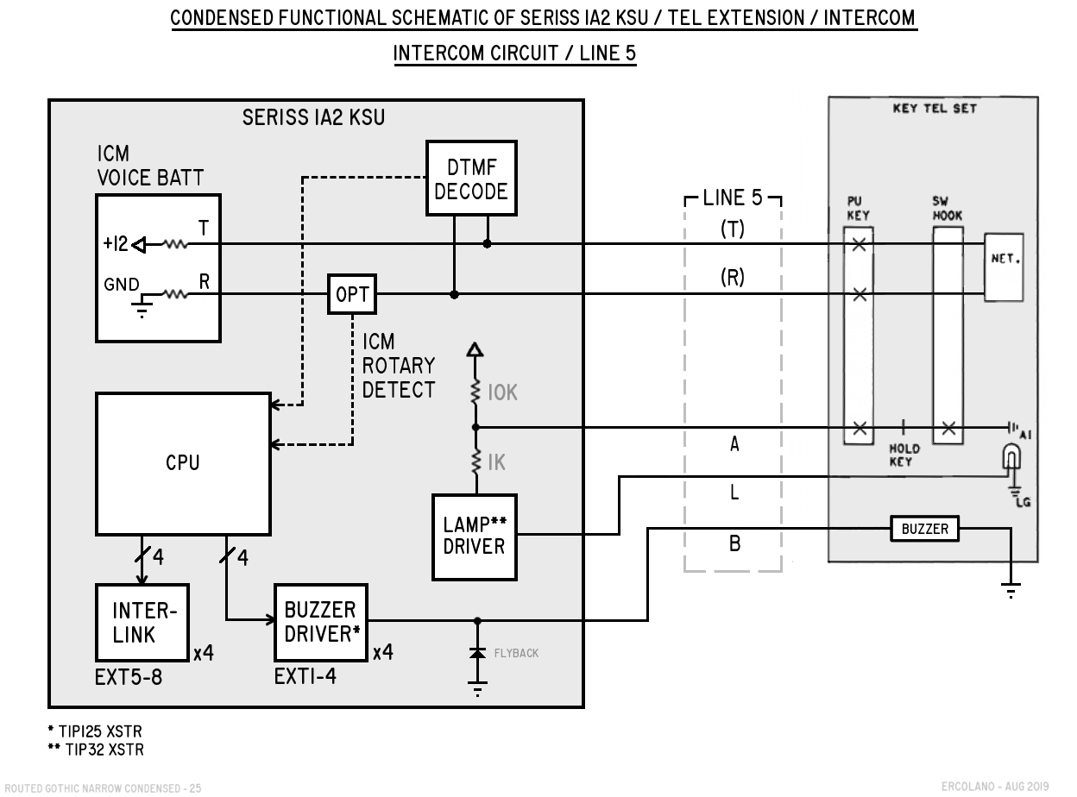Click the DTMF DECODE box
click(471, 179)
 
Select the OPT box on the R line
click(352, 294)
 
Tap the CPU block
click(183, 463)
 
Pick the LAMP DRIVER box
click(475, 537)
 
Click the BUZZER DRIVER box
click(321, 622)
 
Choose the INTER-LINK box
click(142, 622)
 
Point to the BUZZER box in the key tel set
click(924, 529)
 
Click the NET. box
click(1004, 267)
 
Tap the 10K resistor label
click(502, 392)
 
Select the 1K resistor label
click(497, 462)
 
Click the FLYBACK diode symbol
click(477, 653)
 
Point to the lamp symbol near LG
click(1012, 457)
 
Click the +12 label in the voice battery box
click(115, 243)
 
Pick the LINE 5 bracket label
click(733, 198)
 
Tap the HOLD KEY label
click(904, 455)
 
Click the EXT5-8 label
click(129, 677)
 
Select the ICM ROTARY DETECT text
click(399, 366)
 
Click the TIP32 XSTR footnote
click(96, 750)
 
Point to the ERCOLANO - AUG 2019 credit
click(995, 787)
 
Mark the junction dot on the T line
click(487, 243)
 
